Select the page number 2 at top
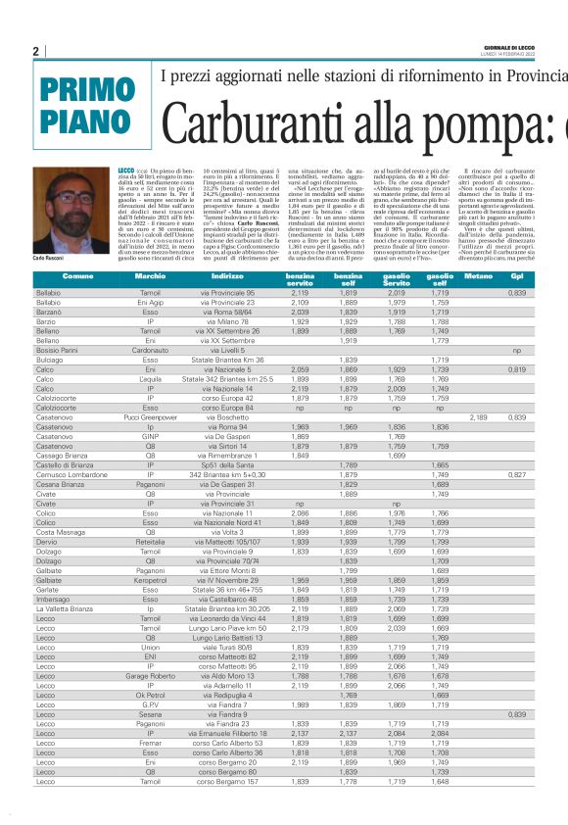point(35,51)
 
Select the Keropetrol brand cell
point(150,581)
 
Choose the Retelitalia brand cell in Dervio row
point(150,541)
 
